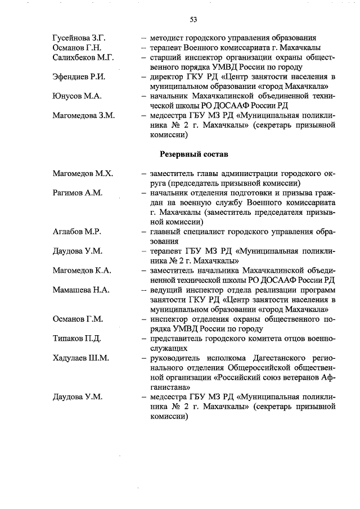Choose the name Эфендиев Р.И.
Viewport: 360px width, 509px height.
78,76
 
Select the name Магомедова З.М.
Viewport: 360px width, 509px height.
83,115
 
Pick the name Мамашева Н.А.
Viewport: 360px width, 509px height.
81,290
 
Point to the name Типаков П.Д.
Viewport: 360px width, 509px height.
76,339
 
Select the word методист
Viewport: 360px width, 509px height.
167,38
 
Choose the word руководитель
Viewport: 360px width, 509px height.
175,358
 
